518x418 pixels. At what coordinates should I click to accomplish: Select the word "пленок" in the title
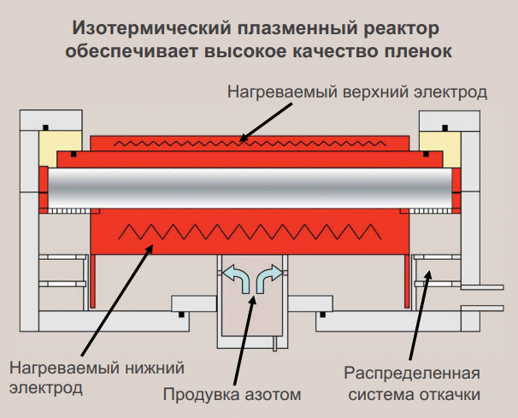(421, 50)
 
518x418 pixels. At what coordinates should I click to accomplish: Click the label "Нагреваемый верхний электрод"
(357, 91)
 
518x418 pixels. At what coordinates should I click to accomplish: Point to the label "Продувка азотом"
(232, 395)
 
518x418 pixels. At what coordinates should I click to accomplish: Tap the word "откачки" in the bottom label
(444, 394)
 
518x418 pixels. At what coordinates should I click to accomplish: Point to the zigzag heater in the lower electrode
(251, 230)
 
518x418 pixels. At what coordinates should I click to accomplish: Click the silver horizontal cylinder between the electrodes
(251, 189)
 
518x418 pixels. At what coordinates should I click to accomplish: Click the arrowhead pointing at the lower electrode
(150, 247)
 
